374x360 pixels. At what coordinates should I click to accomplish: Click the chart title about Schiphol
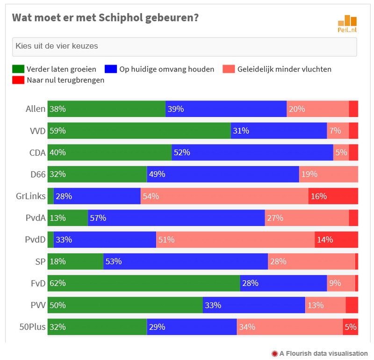105,18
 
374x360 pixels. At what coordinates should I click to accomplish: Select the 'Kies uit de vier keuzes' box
184,47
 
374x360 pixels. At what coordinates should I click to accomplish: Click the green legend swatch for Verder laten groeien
18,69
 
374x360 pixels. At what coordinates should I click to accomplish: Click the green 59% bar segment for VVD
139,131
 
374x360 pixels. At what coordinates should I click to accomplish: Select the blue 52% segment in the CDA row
252,152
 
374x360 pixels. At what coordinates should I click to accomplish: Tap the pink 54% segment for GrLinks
224,196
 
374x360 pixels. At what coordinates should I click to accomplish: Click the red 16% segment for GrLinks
333,196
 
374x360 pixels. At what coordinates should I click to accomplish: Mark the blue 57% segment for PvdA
176,218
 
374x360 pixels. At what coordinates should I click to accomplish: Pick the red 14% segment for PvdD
336,240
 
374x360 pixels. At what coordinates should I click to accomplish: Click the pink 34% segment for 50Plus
289,327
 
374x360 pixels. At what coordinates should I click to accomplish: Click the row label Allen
36,109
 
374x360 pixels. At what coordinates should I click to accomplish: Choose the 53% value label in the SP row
114,261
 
